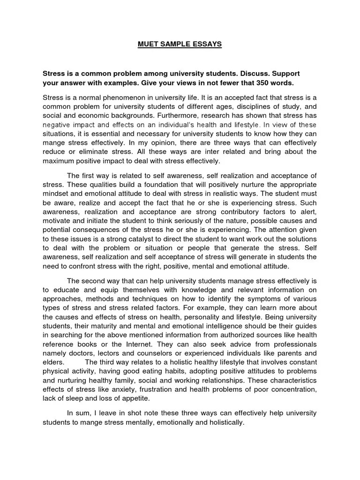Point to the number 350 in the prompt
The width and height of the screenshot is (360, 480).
(251, 83)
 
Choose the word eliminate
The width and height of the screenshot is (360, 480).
(101, 151)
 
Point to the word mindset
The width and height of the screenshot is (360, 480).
(57, 193)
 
